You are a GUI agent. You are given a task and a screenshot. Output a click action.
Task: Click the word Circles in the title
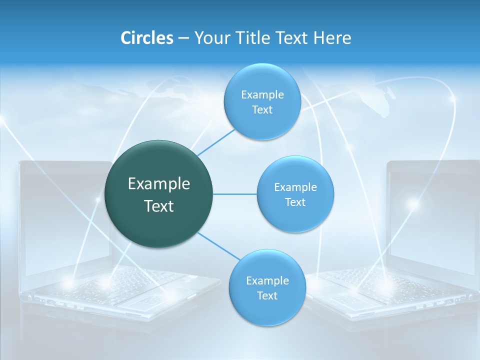146,38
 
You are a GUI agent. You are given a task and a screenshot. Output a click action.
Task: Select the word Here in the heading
332,38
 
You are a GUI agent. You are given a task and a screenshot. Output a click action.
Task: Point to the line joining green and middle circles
234,194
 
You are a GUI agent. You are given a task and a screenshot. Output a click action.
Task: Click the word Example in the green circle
159,184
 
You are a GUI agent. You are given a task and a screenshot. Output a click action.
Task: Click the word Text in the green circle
159,206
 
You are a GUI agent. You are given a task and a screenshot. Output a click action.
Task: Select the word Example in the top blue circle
262,95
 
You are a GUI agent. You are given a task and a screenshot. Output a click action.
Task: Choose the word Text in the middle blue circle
295,202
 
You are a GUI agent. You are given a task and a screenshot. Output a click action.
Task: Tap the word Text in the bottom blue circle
267,296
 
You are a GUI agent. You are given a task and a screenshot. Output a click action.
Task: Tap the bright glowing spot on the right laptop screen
412,203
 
